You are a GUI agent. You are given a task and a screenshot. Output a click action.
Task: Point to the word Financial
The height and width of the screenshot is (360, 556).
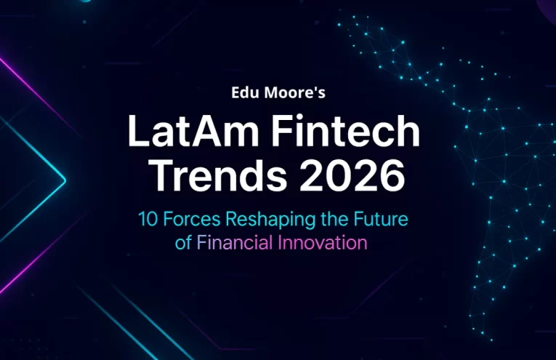pyautogui.click(x=235, y=242)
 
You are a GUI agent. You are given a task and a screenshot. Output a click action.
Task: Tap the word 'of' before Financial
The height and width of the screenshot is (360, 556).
pyautogui.click(x=184, y=242)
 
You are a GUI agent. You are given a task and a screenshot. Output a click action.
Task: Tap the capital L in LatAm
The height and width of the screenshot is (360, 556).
pyautogui.click(x=136, y=132)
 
